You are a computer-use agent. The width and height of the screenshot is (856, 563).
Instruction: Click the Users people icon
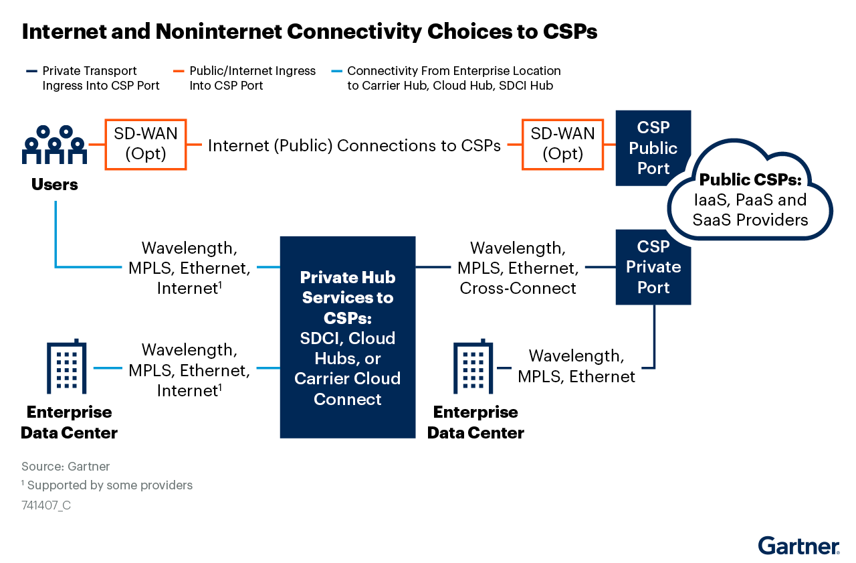tap(55, 145)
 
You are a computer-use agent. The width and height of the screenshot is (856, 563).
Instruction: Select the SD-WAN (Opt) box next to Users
tap(146, 144)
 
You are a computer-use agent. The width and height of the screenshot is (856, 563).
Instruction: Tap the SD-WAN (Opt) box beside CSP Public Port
tap(562, 144)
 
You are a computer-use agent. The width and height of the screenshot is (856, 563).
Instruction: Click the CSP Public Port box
tap(653, 148)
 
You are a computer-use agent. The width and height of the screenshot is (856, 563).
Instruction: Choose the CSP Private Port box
tap(653, 267)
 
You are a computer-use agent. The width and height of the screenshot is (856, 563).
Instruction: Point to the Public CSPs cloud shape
tap(750, 194)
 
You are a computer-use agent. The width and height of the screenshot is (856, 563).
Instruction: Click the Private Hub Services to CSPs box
tap(347, 337)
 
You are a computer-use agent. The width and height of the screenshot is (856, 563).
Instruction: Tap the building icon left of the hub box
tap(66, 367)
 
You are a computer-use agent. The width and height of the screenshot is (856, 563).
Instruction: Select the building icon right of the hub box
tap(473, 367)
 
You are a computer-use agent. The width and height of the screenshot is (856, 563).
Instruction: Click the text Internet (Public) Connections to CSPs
tap(354, 145)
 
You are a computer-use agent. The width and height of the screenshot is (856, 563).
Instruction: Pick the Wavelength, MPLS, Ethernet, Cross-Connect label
tap(518, 268)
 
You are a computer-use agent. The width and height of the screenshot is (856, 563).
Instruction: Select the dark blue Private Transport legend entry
tap(94, 78)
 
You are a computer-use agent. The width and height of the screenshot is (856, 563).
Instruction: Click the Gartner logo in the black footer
tap(798, 546)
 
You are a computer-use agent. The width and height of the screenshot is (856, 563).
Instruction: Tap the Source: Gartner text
tap(65, 467)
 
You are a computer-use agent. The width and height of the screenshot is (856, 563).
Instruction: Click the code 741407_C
tap(46, 505)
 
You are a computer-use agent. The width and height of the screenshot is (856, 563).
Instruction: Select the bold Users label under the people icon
tap(55, 184)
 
